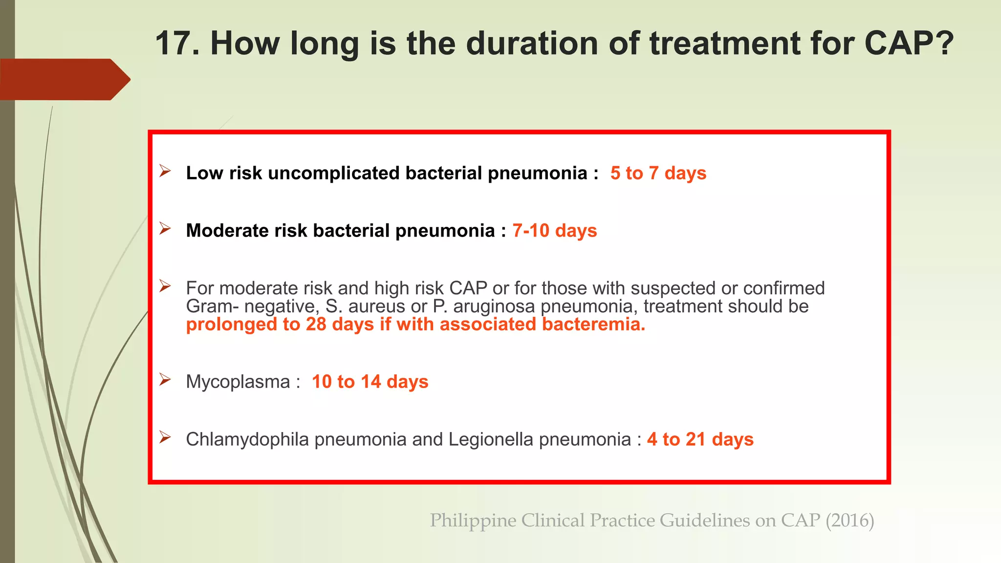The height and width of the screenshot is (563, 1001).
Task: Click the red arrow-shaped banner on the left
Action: (x=64, y=79)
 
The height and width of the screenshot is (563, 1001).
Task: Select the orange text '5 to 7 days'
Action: (x=658, y=173)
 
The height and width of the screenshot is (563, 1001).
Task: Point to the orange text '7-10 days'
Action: (x=554, y=231)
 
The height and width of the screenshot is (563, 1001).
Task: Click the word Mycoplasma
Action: (x=238, y=382)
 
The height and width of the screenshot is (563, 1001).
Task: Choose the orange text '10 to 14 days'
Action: (x=370, y=382)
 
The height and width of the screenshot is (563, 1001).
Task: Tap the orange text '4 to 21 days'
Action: (x=700, y=439)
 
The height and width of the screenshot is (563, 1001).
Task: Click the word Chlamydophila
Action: (x=247, y=439)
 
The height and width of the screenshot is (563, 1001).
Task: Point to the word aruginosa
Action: (x=494, y=306)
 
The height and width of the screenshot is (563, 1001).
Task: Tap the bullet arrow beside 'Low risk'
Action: (x=165, y=171)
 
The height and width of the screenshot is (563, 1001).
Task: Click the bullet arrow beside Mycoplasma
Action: (x=165, y=380)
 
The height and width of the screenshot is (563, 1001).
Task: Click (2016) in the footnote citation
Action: (x=849, y=520)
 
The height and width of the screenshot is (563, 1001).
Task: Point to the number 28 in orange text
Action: (x=316, y=325)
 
